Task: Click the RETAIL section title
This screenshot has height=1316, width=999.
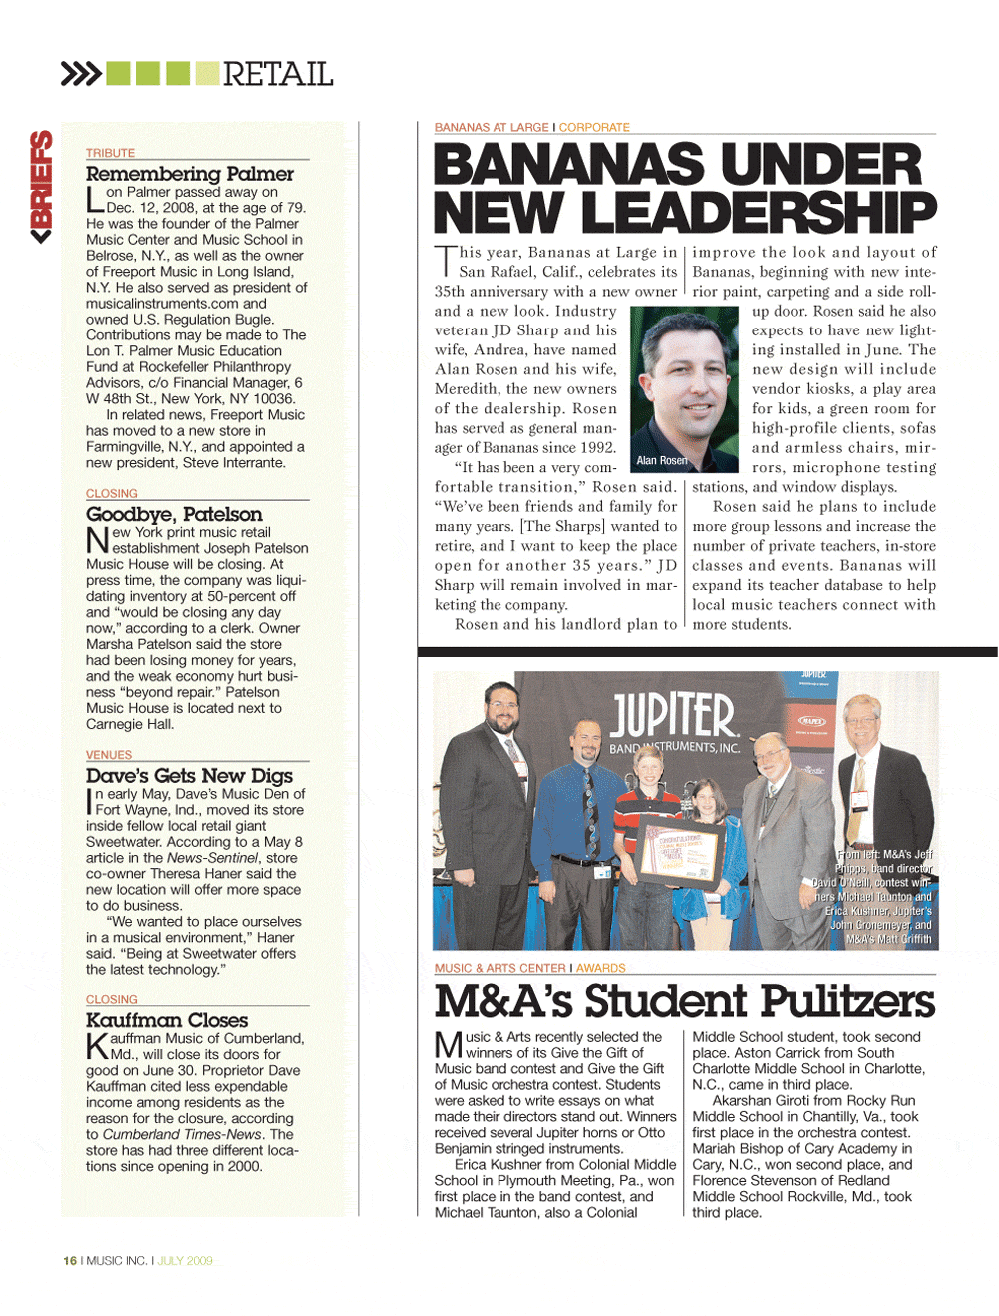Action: click(x=277, y=74)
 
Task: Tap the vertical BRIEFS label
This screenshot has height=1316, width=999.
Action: click(x=41, y=186)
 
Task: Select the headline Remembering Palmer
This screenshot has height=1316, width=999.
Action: click(x=190, y=174)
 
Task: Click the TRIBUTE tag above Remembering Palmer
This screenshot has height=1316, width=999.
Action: click(x=110, y=153)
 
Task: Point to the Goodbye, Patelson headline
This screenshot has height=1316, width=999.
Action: click(x=174, y=514)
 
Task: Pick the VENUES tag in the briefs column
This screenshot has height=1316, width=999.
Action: click(x=109, y=755)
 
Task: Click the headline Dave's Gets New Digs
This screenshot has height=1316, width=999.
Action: click(x=189, y=776)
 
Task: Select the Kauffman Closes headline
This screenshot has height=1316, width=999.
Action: click(x=167, y=1020)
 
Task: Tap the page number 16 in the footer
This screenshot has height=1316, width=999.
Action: click(x=70, y=1261)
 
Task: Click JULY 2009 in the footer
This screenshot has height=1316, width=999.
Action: click(x=185, y=1261)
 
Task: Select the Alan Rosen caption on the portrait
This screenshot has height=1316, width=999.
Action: click(x=662, y=460)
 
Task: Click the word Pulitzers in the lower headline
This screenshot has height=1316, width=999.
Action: click(x=847, y=1001)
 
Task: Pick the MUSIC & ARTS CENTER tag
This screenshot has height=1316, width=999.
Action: click(x=499, y=968)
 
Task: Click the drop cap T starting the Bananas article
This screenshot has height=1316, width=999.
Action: click(x=444, y=261)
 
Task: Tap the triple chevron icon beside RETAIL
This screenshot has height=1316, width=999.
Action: click(x=81, y=74)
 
